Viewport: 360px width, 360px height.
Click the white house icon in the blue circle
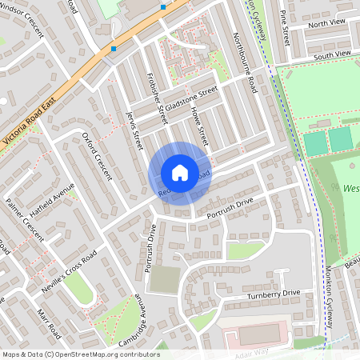[x=179, y=172]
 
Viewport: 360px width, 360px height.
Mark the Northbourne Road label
[x=243, y=61]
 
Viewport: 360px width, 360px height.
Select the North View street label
[x=323, y=24]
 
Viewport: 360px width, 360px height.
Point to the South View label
[x=332, y=54]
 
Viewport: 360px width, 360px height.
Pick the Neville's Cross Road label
[x=70, y=272]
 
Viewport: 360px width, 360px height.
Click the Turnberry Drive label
[x=273, y=294]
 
